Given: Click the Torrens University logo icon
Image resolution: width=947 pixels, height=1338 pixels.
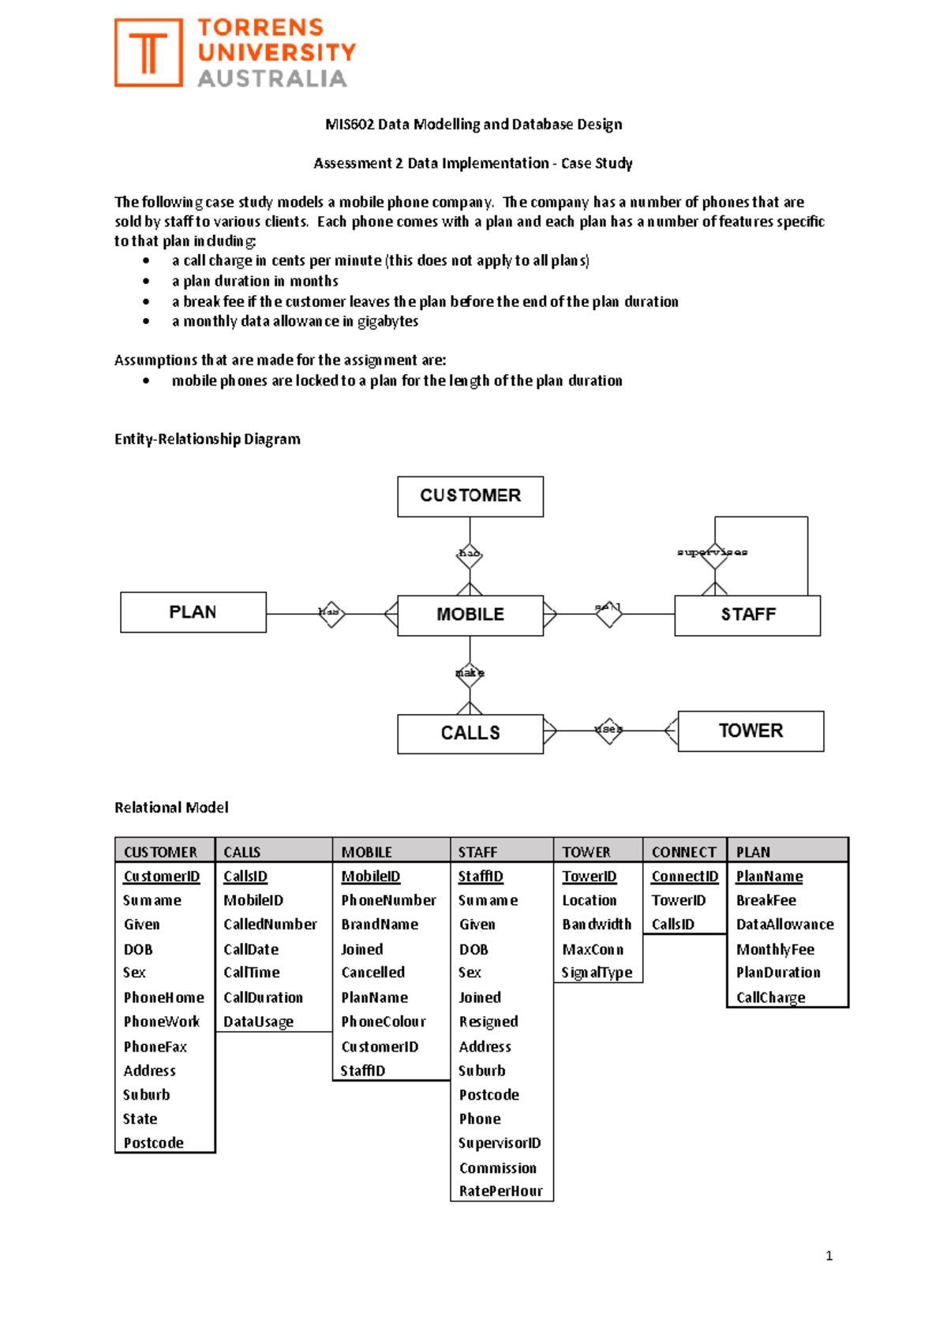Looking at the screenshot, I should [x=148, y=53].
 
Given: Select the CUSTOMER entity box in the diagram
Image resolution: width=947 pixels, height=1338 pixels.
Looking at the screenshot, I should [x=470, y=496].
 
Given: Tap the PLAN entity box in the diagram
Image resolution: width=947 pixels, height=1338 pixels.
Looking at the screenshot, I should [x=193, y=612].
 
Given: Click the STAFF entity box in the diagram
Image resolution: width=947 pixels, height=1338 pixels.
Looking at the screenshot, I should [x=747, y=615].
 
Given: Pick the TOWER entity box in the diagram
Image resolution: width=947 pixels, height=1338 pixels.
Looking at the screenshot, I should [x=750, y=731].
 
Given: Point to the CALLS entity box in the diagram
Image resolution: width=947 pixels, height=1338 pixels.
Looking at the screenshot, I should [x=470, y=734].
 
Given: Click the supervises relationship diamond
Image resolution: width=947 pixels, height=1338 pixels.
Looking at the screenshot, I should [x=714, y=554].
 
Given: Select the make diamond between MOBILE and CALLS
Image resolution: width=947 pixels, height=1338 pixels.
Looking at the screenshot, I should [x=470, y=673].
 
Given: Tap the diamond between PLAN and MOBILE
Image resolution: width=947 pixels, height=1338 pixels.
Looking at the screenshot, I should [x=331, y=613].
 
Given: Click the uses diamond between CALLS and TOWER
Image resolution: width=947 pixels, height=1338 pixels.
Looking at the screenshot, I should [x=608, y=730].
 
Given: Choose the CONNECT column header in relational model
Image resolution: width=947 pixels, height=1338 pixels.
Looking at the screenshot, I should [x=683, y=852].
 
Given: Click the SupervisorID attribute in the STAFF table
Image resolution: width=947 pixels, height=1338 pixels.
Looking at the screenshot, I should [x=500, y=1143].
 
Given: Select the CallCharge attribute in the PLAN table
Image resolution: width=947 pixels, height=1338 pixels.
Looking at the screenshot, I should [x=770, y=997].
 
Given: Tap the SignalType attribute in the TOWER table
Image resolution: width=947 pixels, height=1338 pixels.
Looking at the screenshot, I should [x=597, y=973].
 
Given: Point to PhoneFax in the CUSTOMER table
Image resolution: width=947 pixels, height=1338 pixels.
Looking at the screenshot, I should [x=155, y=1047].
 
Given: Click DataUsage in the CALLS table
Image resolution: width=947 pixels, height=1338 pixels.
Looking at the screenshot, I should [x=258, y=1022].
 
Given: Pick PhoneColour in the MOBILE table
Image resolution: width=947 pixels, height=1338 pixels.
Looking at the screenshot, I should [x=383, y=1022].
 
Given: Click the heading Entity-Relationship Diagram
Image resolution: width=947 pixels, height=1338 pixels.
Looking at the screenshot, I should [x=207, y=439].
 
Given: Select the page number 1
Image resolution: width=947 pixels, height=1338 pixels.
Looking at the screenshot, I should [x=829, y=1256].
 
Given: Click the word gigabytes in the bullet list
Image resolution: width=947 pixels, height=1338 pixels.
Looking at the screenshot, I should [x=387, y=321].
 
